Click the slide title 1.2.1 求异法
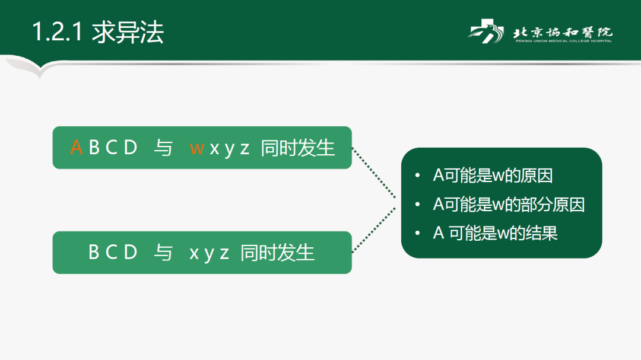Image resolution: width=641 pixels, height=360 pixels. tap(98, 32)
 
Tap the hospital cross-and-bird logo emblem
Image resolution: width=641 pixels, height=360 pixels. tap(485, 31)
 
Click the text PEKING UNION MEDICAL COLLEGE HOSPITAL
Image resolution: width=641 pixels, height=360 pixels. tap(564, 41)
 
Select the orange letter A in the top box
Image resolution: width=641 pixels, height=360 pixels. tap(76, 148)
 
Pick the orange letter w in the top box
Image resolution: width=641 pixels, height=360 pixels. tap(196, 149)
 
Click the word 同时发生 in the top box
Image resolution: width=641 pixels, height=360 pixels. tap(297, 148)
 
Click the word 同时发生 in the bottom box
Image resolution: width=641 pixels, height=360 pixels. tap(277, 253)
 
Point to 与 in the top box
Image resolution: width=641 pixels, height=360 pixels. tap(163, 148)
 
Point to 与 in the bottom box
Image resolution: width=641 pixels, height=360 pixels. tap(163, 253)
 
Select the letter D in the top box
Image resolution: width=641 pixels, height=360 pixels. tap(131, 148)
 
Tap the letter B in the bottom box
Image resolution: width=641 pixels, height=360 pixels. tap(94, 252)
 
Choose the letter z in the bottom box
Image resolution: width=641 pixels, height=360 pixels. tap(224, 253)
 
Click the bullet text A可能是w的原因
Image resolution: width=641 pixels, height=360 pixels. tap(493, 176)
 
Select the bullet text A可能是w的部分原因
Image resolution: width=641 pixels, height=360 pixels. tap(509, 204)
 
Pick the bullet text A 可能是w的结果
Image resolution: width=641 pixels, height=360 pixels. tap(495, 233)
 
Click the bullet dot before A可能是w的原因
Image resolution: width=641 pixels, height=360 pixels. tap(417, 176)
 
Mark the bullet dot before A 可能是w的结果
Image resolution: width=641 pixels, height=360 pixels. tap(417, 233)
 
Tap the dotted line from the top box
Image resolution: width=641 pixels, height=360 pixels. tap(374, 173)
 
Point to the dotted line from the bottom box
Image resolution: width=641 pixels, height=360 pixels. tap(374, 230)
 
